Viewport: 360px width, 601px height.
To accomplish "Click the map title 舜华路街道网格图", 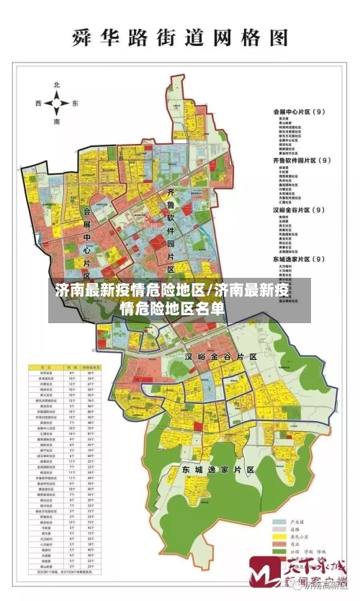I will point(180,38).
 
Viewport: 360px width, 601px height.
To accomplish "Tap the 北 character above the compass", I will point(57,85).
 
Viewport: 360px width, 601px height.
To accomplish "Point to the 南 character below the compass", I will point(57,122).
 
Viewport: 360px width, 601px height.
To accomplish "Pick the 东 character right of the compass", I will point(75,104).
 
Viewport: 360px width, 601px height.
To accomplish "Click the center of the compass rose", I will point(57,104).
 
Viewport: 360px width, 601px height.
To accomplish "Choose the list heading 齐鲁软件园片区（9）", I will point(302,161).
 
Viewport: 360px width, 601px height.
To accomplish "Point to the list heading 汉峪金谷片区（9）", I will point(300,209).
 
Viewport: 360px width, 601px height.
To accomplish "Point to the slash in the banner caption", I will point(210,292).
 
